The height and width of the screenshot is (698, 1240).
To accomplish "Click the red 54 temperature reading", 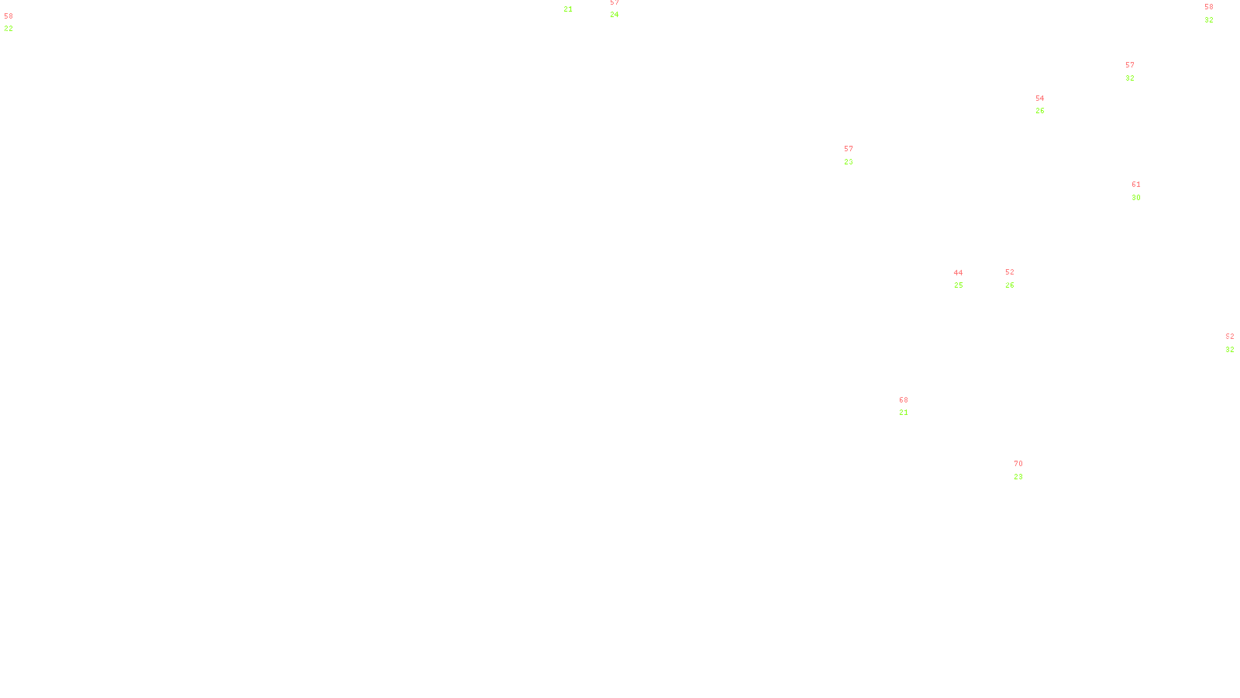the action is pyautogui.click(x=1039, y=98).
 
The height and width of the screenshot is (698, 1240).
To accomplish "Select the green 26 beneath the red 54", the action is pyautogui.click(x=1039, y=111).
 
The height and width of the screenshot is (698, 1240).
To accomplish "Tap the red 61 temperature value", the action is pyautogui.click(x=1135, y=185).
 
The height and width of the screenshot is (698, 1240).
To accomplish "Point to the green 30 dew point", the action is pyautogui.click(x=1135, y=198).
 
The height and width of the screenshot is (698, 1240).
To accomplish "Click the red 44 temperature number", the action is pyautogui.click(x=958, y=273).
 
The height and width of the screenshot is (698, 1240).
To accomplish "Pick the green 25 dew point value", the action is pyautogui.click(x=958, y=285).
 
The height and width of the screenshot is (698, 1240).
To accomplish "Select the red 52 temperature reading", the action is pyautogui.click(x=1009, y=272).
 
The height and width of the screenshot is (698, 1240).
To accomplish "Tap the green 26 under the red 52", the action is pyautogui.click(x=1009, y=285).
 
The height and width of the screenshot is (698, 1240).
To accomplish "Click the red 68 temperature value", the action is pyautogui.click(x=903, y=400).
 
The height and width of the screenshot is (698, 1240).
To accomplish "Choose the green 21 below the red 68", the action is pyautogui.click(x=903, y=413).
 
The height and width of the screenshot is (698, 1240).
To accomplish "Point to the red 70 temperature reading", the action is pyautogui.click(x=1018, y=464).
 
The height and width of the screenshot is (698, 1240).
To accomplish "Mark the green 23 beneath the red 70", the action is pyautogui.click(x=1018, y=477).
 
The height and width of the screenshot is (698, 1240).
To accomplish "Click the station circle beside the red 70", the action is pyautogui.click(x=1026, y=470).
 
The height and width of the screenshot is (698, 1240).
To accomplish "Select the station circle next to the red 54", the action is pyautogui.click(x=1047, y=105).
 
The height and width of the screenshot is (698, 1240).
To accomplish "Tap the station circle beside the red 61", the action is pyautogui.click(x=1144, y=191).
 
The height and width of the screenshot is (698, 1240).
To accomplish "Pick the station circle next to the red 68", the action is pyautogui.click(x=911, y=406).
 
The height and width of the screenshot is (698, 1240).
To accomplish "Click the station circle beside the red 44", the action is pyautogui.click(x=966, y=279).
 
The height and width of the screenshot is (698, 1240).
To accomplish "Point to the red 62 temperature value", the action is pyautogui.click(x=1229, y=337).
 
